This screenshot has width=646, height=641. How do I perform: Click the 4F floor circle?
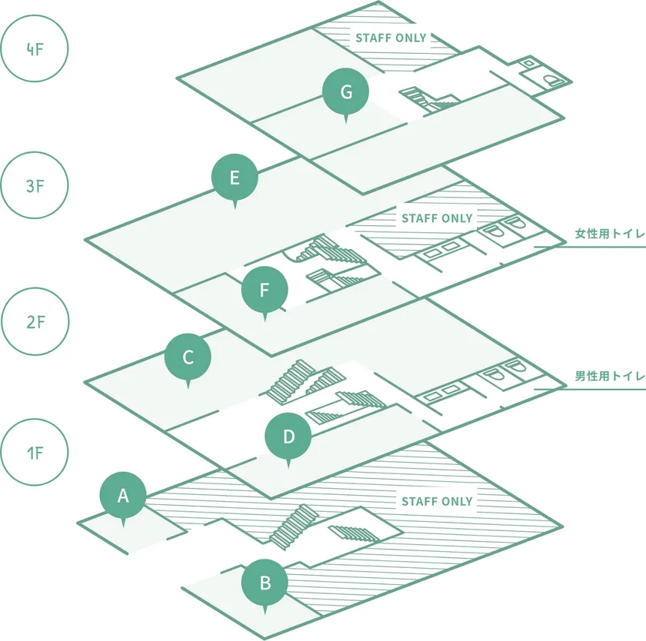pyautogui.click(x=34, y=48)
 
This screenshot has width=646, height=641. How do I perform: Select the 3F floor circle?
pyautogui.click(x=34, y=185)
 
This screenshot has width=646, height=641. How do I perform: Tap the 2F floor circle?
pyautogui.click(x=35, y=321)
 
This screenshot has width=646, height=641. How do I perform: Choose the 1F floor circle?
pyautogui.click(x=34, y=453)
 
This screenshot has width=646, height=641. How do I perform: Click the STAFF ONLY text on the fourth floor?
pyautogui.click(x=391, y=38)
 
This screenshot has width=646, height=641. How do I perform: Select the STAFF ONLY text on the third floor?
pyautogui.click(x=437, y=218)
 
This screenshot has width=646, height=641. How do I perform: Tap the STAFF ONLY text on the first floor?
pyautogui.click(x=437, y=501)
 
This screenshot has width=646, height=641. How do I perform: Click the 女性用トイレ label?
pyautogui.click(x=610, y=234)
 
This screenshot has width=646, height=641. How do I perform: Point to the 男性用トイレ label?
pyautogui.click(x=610, y=376)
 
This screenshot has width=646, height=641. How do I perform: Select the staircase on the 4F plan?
pyautogui.click(x=429, y=99)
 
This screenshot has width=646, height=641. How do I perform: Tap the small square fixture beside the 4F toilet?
pyautogui.click(x=528, y=63)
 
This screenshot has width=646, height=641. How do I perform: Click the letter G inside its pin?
pyautogui.click(x=346, y=91)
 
